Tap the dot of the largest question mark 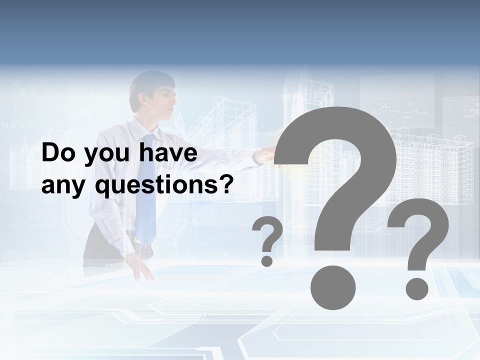coord(332,287)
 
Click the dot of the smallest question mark coord(267,260)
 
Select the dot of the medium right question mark coord(416,289)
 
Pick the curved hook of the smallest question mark coord(270,232)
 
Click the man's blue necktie coord(146,190)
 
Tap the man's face coord(162,102)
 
